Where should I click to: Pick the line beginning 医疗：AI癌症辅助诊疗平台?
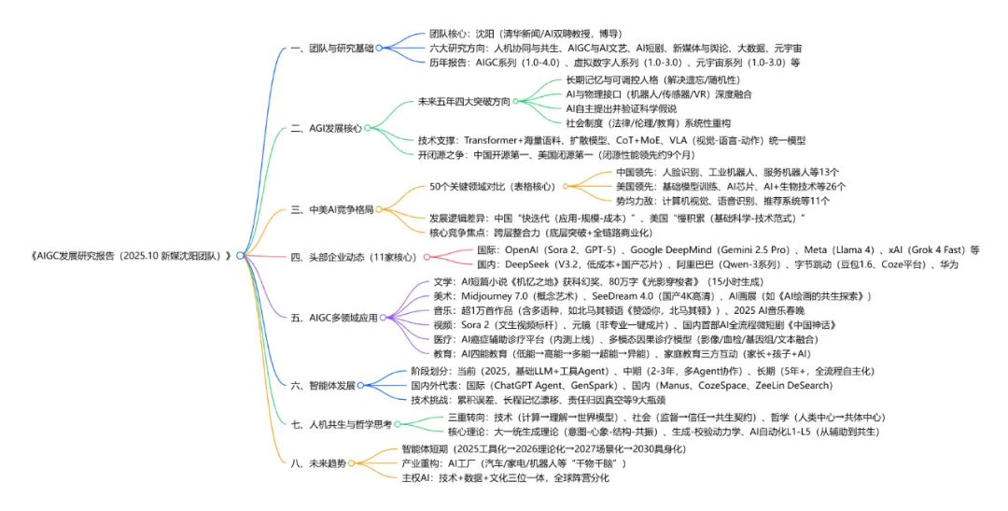coord(678,339)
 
